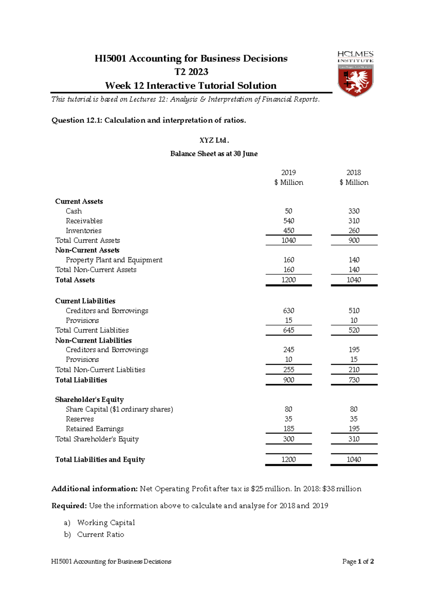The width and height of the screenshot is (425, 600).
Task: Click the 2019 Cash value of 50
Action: coord(288,211)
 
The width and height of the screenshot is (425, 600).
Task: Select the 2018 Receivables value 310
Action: coord(353,221)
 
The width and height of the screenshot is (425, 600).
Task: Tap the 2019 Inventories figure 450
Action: coord(288,231)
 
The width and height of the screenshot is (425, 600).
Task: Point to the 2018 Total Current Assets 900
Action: coord(353,241)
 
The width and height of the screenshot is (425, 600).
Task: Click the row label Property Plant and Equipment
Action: coord(114,260)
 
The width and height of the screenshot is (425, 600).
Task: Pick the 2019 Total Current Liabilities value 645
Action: coord(288,330)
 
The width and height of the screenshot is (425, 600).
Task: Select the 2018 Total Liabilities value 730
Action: coord(353,380)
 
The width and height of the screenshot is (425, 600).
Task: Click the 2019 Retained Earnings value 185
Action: coord(288,429)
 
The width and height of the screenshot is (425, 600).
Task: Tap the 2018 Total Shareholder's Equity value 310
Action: coord(353,439)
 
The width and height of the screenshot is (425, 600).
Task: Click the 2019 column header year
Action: coord(288,173)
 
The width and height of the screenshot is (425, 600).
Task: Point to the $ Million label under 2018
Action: coord(353,183)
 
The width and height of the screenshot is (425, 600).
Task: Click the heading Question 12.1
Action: coord(148,120)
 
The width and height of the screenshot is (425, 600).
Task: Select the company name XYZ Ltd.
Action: coord(214,140)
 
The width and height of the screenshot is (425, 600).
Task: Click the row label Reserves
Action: coord(80,419)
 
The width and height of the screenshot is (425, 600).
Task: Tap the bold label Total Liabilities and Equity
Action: coord(100,460)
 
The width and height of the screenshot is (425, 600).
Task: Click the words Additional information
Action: coord(94,489)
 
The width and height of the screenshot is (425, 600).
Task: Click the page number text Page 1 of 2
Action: coord(358,561)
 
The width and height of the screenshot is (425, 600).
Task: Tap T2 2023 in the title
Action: coord(191,72)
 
